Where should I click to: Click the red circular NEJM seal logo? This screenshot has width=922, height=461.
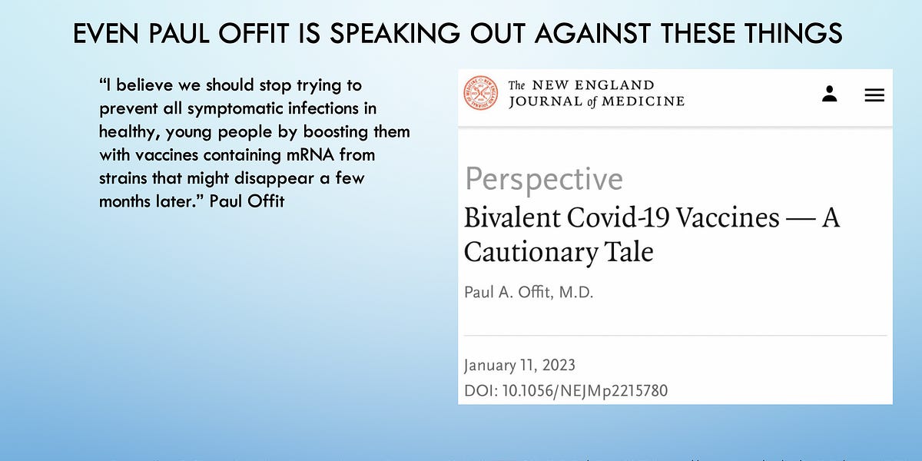coord(480,93)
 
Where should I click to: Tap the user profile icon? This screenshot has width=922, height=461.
coord(829,94)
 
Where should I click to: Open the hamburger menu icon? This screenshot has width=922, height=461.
coord(874,95)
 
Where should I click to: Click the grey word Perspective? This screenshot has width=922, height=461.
coord(544,180)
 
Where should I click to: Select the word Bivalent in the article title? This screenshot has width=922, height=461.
coord(512,217)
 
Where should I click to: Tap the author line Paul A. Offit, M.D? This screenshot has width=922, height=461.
coord(529,293)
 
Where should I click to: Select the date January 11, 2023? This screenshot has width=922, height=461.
coord(519,365)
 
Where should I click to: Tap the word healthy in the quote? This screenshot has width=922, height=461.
coord(125,132)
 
